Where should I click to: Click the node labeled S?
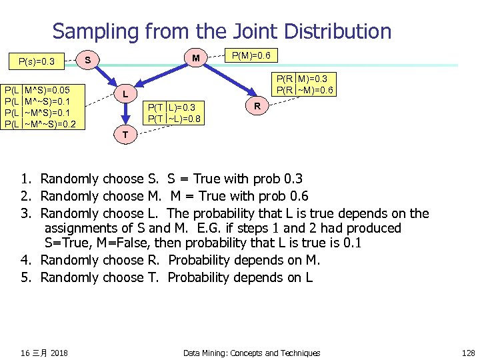coord(88,60)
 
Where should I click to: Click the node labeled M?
coord(195,59)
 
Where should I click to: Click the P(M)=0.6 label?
coord(253,55)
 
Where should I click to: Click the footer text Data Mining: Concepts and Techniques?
coord(251,353)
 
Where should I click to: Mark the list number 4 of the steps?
coord(25,260)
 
